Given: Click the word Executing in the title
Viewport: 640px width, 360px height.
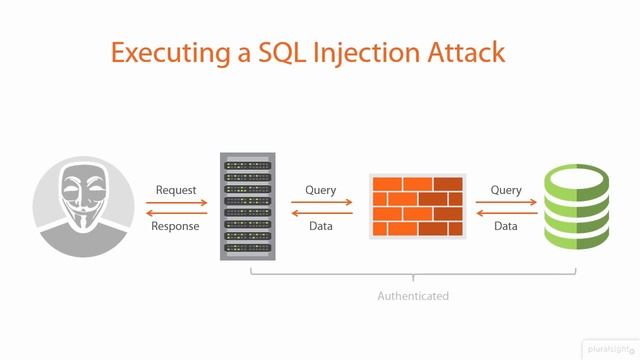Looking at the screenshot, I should (x=164, y=53).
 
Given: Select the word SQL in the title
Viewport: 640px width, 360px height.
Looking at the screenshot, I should (x=277, y=53).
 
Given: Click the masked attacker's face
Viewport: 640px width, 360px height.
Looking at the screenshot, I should (x=85, y=206).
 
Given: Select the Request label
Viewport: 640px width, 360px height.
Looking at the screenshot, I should (x=176, y=190).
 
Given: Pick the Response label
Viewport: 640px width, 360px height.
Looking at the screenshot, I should (x=176, y=226).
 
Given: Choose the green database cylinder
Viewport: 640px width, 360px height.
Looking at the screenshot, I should (x=575, y=208).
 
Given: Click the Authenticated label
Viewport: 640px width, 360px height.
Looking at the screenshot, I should (x=412, y=296).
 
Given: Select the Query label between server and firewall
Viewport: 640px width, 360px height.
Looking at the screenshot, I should (x=320, y=190).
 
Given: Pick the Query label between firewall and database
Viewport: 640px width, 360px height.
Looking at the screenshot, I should (x=506, y=190).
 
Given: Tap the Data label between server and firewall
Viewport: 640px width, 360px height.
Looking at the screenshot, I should (x=320, y=226).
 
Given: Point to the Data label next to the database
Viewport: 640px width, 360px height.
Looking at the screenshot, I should (x=506, y=226).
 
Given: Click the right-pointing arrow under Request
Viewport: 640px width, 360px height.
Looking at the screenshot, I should (x=176, y=202).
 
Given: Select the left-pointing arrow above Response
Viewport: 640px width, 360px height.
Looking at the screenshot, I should (x=176, y=213).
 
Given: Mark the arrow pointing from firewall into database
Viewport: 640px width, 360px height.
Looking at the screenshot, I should (x=506, y=202).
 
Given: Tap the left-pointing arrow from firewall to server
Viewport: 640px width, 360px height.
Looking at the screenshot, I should (x=320, y=213).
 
